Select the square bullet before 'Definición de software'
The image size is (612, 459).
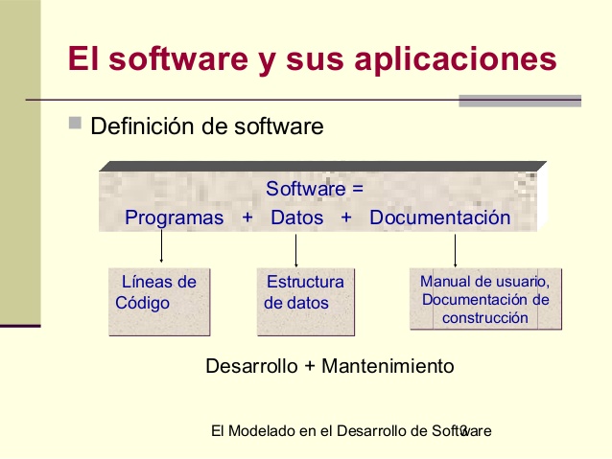pyautogui.click(x=76, y=125)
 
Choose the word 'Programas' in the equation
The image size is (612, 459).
pyautogui.click(x=174, y=218)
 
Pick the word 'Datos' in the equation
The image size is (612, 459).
pyautogui.click(x=296, y=218)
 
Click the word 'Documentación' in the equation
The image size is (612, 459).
pyautogui.click(x=439, y=218)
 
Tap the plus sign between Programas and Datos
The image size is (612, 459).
pyautogui.click(x=247, y=218)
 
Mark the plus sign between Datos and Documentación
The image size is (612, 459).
pyautogui.click(x=346, y=218)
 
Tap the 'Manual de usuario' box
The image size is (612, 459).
pyautogui.click(x=485, y=299)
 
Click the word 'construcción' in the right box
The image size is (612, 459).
pyautogui.click(x=485, y=318)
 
